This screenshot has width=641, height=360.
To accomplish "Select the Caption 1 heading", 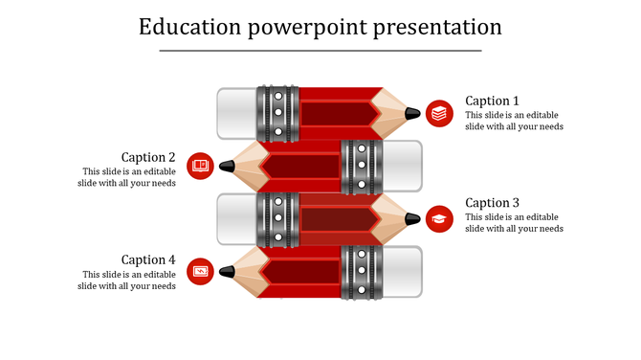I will click(x=492, y=101).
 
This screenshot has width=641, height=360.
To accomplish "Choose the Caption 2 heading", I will click(x=148, y=157).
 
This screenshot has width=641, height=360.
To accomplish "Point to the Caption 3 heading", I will click(x=492, y=203).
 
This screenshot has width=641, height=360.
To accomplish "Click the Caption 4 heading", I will click(x=148, y=259).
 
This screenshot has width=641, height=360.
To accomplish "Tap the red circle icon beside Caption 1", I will click(x=439, y=113).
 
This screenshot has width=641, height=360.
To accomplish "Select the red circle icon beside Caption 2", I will click(x=200, y=166).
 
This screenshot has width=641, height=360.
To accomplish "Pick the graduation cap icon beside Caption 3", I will click(x=439, y=218).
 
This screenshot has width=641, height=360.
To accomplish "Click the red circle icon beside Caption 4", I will click(x=200, y=271).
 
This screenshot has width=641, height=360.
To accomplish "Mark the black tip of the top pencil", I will click(x=412, y=113).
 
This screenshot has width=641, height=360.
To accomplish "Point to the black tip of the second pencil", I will click(x=227, y=166).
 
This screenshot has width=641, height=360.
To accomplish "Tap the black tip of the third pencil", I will click(x=412, y=218).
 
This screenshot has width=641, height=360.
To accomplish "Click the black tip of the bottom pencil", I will click(x=227, y=272).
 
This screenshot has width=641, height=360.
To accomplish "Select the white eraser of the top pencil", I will click(x=236, y=113).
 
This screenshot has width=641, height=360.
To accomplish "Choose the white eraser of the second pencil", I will click(x=402, y=166).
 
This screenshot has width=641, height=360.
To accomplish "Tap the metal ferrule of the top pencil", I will click(x=277, y=113).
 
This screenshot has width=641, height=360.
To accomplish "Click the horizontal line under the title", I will click(x=320, y=51).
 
